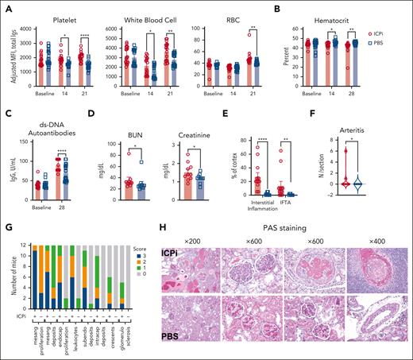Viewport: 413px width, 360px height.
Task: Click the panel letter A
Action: [x=6, y=6]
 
